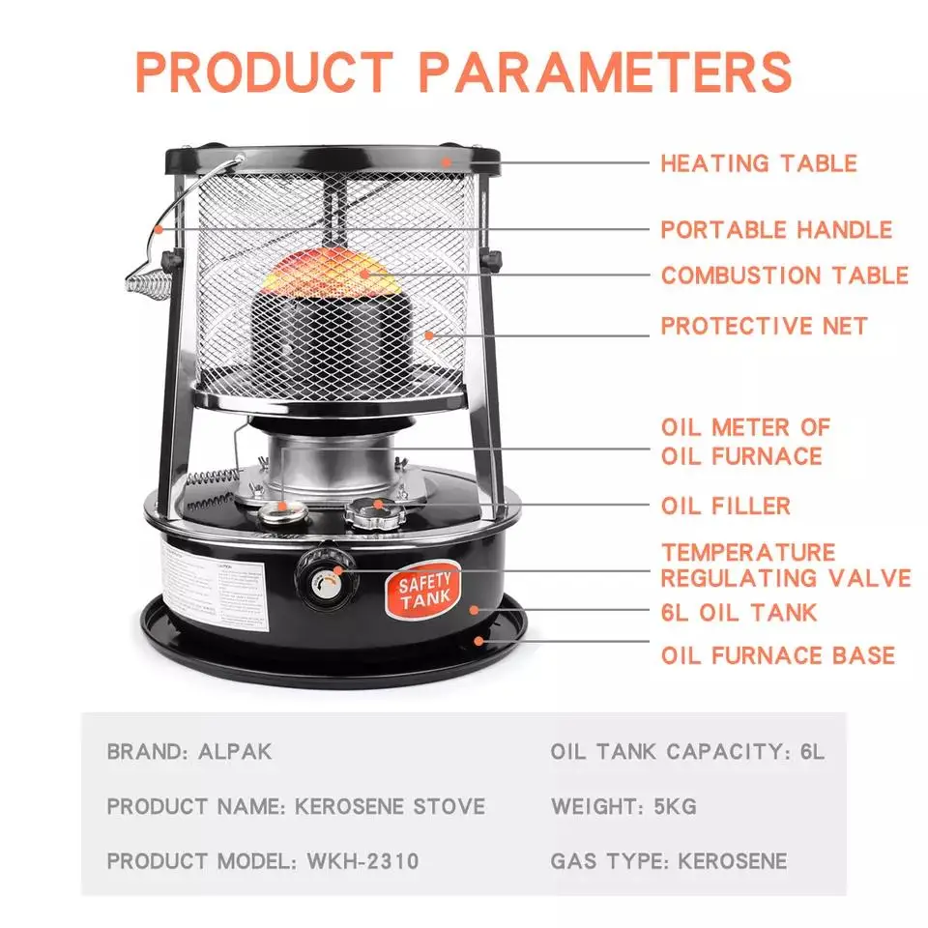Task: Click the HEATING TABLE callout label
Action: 759,162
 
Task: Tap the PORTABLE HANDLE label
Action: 776,230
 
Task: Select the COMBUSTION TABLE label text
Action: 785,275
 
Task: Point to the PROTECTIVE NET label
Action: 764,326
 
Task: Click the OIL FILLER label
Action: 726,506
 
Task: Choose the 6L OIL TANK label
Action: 739,613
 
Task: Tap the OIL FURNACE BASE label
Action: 778,655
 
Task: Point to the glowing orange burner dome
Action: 330,272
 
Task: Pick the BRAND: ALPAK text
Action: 189,751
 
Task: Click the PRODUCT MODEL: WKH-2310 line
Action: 263,860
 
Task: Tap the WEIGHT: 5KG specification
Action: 623,806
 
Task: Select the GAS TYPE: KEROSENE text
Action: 669,860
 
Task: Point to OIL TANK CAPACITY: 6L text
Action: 687,751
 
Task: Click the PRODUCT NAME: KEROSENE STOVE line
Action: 296,806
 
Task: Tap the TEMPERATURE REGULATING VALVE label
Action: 785,565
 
